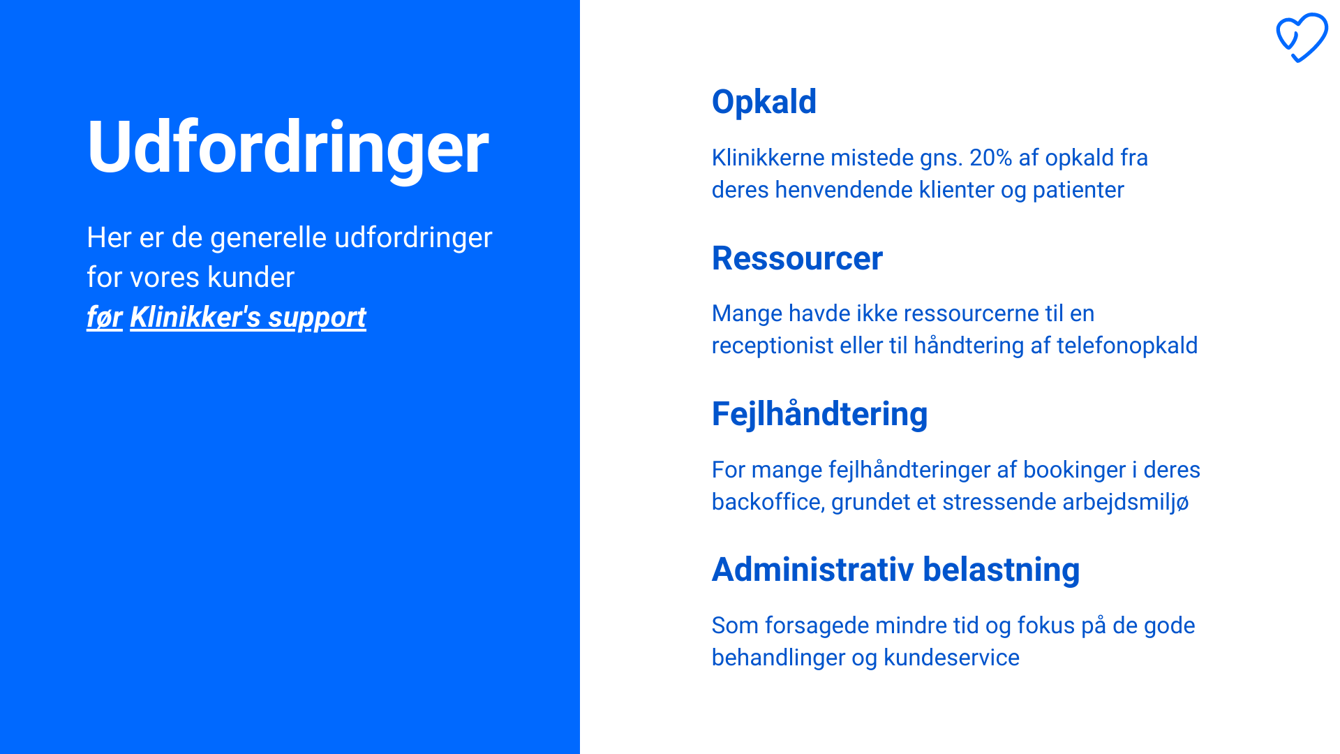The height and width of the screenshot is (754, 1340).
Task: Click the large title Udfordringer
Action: [288, 147]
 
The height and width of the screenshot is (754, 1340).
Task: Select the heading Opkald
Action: [764, 103]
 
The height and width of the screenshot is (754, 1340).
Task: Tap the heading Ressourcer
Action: [797, 258]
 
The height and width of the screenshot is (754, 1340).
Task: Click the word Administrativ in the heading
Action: [812, 570]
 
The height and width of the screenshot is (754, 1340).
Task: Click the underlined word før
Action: [105, 318]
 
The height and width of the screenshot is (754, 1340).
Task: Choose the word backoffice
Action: [768, 502]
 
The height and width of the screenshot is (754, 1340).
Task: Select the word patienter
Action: [1078, 191]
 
